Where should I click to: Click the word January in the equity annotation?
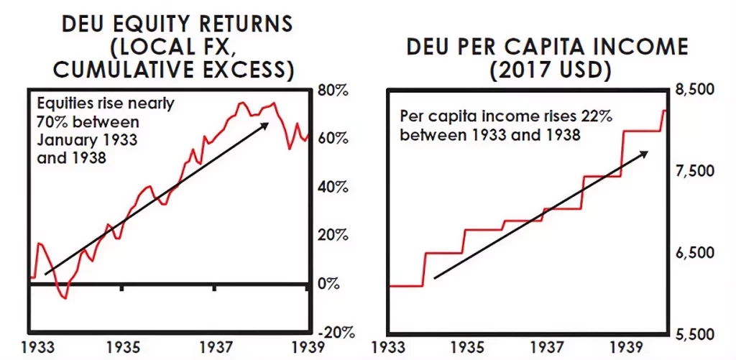point(60,140)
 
